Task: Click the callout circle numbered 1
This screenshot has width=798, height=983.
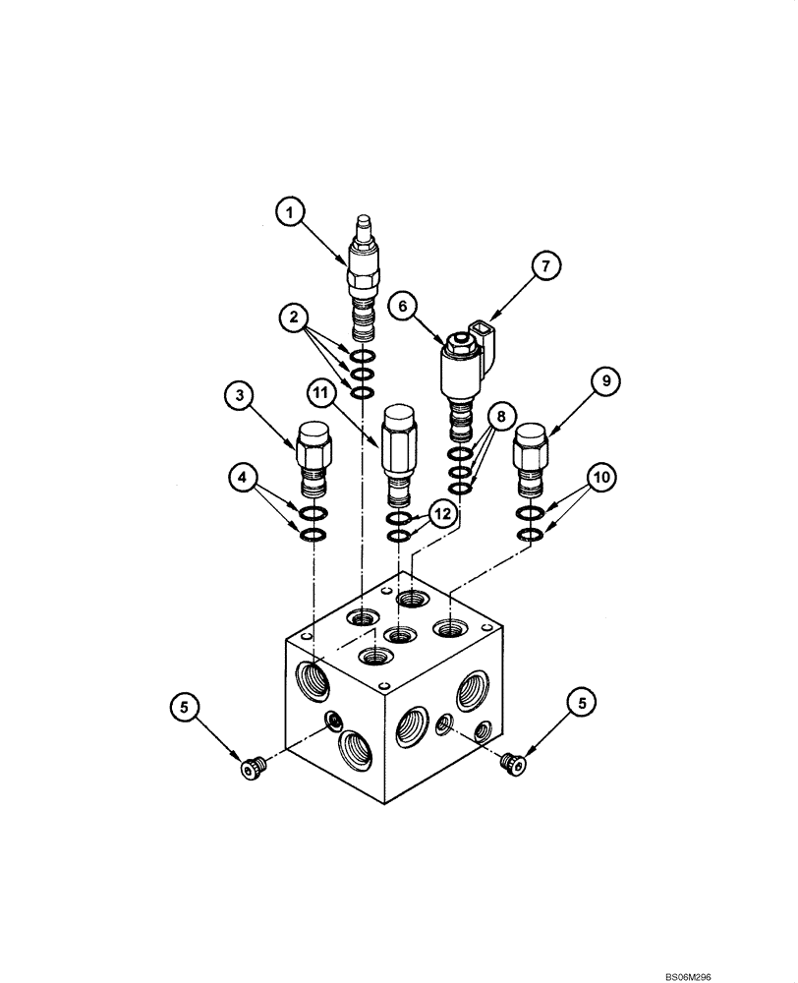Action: [290, 212]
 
